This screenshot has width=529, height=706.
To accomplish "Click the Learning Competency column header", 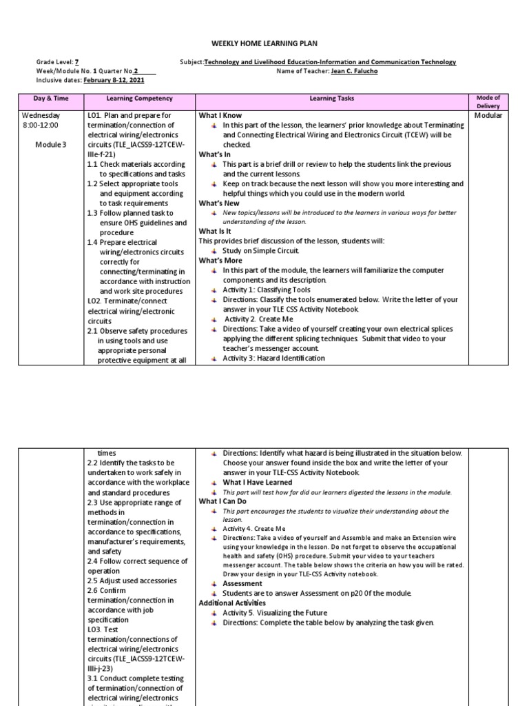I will click(x=139, y=99).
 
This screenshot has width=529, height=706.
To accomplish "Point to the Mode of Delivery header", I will click(x=488, y=102).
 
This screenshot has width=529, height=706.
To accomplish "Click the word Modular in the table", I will click(x=488, y=115).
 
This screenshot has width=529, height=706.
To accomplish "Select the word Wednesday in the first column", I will click(x=41, y=115).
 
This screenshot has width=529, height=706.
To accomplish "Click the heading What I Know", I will click(x=220, y=115).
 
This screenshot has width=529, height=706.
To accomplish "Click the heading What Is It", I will click(x=216, y=232).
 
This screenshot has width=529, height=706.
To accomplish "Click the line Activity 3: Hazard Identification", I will click(x=273, y=358).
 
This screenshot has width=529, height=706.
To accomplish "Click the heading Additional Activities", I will click(x=232, y=603).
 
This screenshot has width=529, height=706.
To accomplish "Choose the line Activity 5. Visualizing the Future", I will click(x=274, y=612).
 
